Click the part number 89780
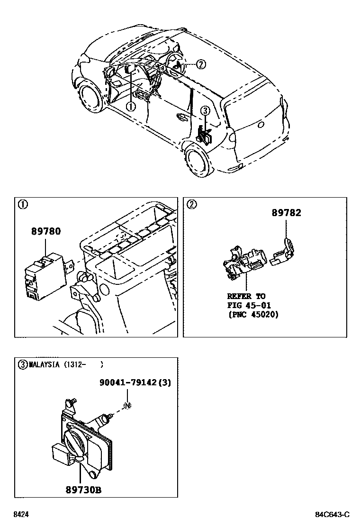[46, 232]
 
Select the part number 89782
[286, 213]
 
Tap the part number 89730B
[83, 489]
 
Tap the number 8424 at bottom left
[20, 515]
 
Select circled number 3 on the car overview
[205, 110]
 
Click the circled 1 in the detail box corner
[22, 205]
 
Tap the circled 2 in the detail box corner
[191, 205]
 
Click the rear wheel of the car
[198, 161]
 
